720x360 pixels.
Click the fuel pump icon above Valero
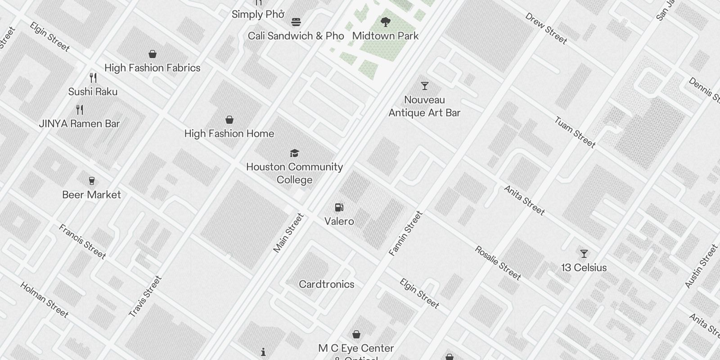coord(339,207)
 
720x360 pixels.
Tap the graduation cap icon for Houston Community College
coord(294,153)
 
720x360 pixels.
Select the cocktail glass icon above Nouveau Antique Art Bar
coord(424,86)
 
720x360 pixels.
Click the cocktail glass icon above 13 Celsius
coord(584,254)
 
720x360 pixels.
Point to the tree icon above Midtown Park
coord(385,22)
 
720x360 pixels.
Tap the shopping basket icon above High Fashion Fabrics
coord(153,54)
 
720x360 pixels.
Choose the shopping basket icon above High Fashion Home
coord(229,120)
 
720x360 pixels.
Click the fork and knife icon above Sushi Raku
coord(93,78)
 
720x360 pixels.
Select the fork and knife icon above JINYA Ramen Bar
coord(80,109)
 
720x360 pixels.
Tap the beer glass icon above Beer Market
coord(92,181)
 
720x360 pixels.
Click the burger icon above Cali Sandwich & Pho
coord(296,22)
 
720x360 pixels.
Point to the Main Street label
coord(288,233)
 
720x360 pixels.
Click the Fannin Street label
coord(405,234)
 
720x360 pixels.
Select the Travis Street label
coord(145,297)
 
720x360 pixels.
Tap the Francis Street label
coord(82,242)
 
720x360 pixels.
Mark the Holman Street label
coord(44,300)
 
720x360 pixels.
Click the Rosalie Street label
coord(498,263)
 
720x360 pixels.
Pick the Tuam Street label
coord(575,132)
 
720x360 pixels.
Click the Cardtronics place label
coord(326,284)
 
